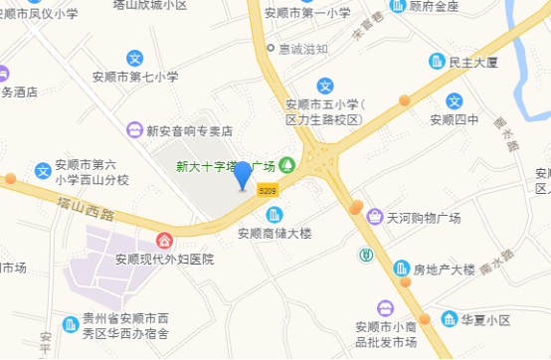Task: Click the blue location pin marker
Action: (x=243, y=175)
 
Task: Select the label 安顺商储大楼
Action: (x=275, y=234)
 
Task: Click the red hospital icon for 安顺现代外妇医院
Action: (x=163, y=241)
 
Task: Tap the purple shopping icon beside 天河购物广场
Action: (x=375, y=216)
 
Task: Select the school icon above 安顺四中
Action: (x=455, y=100)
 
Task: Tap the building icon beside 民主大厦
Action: (x=436, y=62)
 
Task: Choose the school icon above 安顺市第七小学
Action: (x=135, y=57)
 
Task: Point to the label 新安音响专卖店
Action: (x=189, y=130)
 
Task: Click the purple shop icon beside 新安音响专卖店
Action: (x=134, y=130)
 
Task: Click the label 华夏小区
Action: (x=485, y=320)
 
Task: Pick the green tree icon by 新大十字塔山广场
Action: (x=287, y=164)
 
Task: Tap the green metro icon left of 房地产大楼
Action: (x=366, y=254)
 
